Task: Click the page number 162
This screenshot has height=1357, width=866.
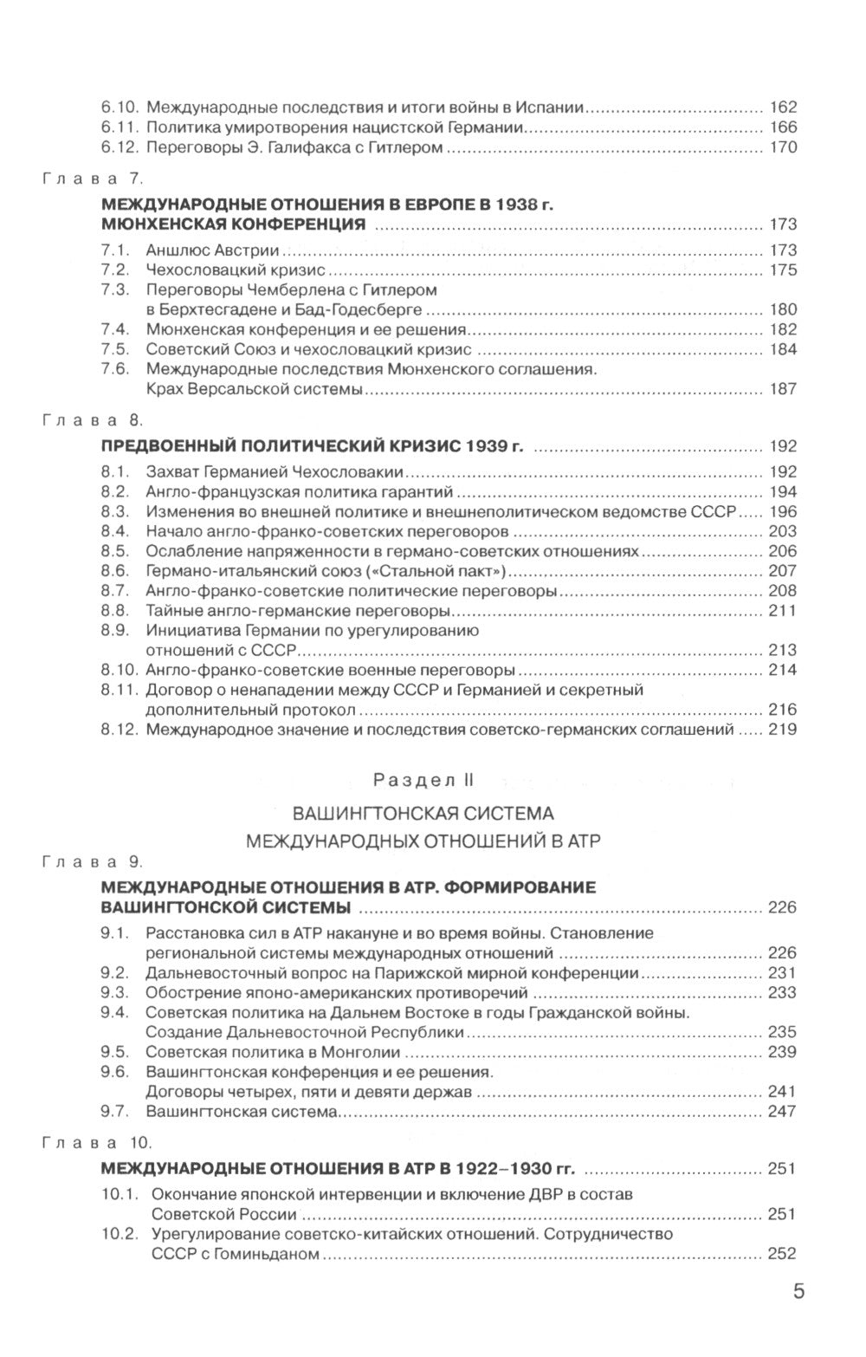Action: tap(782, 108)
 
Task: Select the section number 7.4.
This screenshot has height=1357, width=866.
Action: tap(114, 330)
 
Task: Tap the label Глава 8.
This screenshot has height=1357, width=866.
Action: tap(92, 421)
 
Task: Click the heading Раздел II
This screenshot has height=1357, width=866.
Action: tap(424, 780)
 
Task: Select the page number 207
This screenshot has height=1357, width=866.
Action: tap(782, 571)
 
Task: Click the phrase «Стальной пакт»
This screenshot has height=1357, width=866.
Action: tap(450, 571)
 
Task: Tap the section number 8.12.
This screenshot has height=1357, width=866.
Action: tap(119, 730)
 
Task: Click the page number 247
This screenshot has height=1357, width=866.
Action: tap(782, 1112)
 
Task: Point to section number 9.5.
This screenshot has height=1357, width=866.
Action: tap(114, 1053)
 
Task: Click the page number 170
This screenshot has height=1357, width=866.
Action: tap(782, 148)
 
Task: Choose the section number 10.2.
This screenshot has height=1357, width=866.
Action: tap(119, 1234)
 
